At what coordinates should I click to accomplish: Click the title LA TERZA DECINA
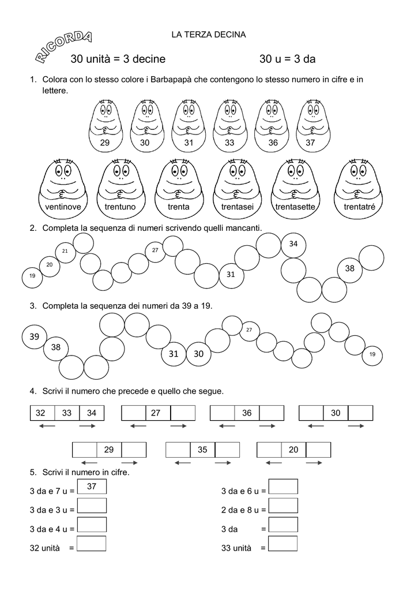pyautogui.click(x=209, y=35)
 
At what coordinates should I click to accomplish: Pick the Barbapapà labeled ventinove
pyautogui.click(x=63, y=190)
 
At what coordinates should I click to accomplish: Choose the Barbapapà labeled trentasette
pyautogui.click(x=295, y=190)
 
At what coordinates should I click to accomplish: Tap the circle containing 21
pyautogui.click(x=65, y=252)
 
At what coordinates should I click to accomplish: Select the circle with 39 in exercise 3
pyautogui.click(x=34, y=336)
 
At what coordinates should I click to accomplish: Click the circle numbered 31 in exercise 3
pyautogui.click(x=174, y=354)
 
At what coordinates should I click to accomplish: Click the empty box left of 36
pyautogui.click(x=222, y=413)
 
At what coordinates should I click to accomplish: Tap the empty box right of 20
pyautogui.click(x=318, y=450)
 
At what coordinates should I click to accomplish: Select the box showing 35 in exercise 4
pyautogui.click(x=202, y=450)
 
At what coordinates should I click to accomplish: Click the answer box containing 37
pyautogui.click(x=92, y=487)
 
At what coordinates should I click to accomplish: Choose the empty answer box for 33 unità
pyautogui.click(x=283, y=544)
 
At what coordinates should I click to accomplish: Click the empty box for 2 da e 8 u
pyautogui.click(x=283, y=506)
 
